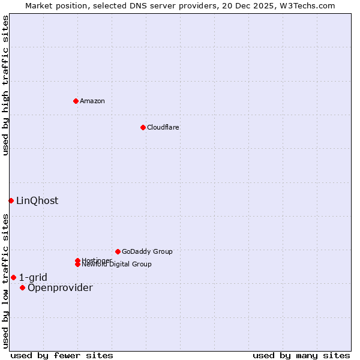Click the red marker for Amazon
[x=76, y=101]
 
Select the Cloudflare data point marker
[x=143, y=127]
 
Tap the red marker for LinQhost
[x=11, y=200]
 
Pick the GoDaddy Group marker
[x=118, y=251]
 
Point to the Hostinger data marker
[x=77, y=260]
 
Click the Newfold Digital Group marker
[x=78, y=264]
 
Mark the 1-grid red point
[x=13, y=277]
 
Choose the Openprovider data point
[x=23, y=287]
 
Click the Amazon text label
[x=92, y=101]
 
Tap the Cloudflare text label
[x=163, y=127]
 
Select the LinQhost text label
[x=37, y=200]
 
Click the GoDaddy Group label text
[x=147, y=251]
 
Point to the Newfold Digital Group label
[x=117, y=265]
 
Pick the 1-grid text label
[x=33, y=277]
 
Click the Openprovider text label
[x=60, y=287]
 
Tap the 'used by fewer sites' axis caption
[x=62, y=355]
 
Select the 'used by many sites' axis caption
[x=301, y=355]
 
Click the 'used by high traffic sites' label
[x=5, y=85]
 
